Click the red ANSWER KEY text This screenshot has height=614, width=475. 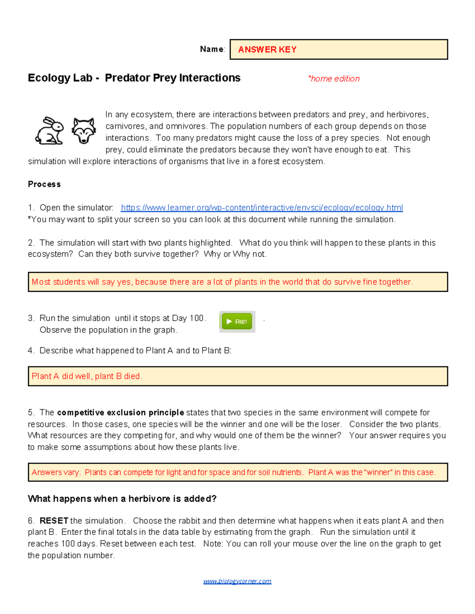267,50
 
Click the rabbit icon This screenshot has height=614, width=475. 49,131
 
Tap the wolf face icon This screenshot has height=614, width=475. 84,131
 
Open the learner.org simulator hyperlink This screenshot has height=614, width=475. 262,208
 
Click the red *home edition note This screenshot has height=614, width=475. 334,79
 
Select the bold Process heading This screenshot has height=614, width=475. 44,184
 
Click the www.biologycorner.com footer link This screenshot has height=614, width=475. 237,581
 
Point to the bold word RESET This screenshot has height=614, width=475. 54,521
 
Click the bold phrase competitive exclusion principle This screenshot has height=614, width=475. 120,413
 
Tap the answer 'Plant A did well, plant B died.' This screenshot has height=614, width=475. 87,376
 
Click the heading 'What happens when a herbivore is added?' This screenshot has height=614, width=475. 122,499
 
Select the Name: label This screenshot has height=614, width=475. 212,49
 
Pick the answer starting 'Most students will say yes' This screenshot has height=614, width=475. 222,282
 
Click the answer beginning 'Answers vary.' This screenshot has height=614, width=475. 234,472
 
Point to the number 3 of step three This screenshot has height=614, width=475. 31,318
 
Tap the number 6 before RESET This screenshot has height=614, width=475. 31,521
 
